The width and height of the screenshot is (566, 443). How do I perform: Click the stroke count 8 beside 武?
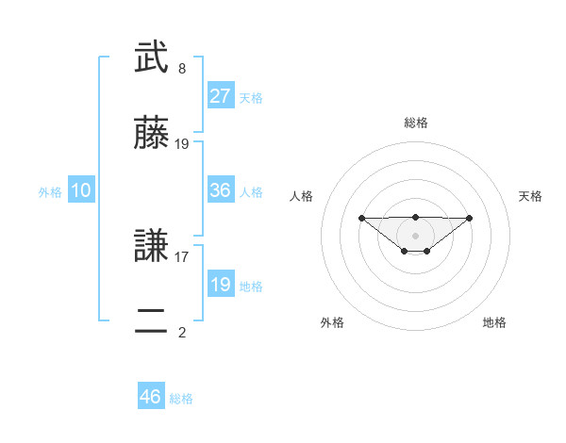pyautogui.click(x=182, y=69)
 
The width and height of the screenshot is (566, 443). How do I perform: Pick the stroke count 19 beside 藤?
pyautogui.click(x=182, y=144)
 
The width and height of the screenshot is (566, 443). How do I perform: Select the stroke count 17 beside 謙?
pyautogui.click(x=182, y=255)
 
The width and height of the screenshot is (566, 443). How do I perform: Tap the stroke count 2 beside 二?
pyautogui.click(x=182, y=332)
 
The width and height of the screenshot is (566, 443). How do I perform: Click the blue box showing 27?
pyautogui.click(x=221, y=96)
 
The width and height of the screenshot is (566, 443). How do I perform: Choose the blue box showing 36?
pyautogui.click(x=221, y=190)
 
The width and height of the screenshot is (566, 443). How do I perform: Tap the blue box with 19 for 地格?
pyautogui.click(x=221, y=285)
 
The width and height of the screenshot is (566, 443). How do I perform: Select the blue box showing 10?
pyautogui.click(x=81, y=190)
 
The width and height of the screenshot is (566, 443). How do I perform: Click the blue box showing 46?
pyautogui.click(x=151, y=397)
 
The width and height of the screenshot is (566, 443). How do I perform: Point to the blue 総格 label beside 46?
pyautogui.click(x=181, y=399)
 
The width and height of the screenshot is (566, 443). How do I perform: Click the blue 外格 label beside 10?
pyautogui.click(x=50, y=192)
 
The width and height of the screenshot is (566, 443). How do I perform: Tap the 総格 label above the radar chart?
pyautogui.click(x=415, y=123)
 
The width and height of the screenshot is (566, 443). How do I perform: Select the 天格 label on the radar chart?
pyautogui.click(x=530, y=196)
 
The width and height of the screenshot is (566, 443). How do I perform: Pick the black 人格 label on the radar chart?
pyautogui.click(x=301, y=196)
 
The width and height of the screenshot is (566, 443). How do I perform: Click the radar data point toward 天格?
pyautogui.click(x=470, y=218)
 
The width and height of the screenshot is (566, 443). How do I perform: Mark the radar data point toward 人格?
pyautogui.click(x=361, y=218)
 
